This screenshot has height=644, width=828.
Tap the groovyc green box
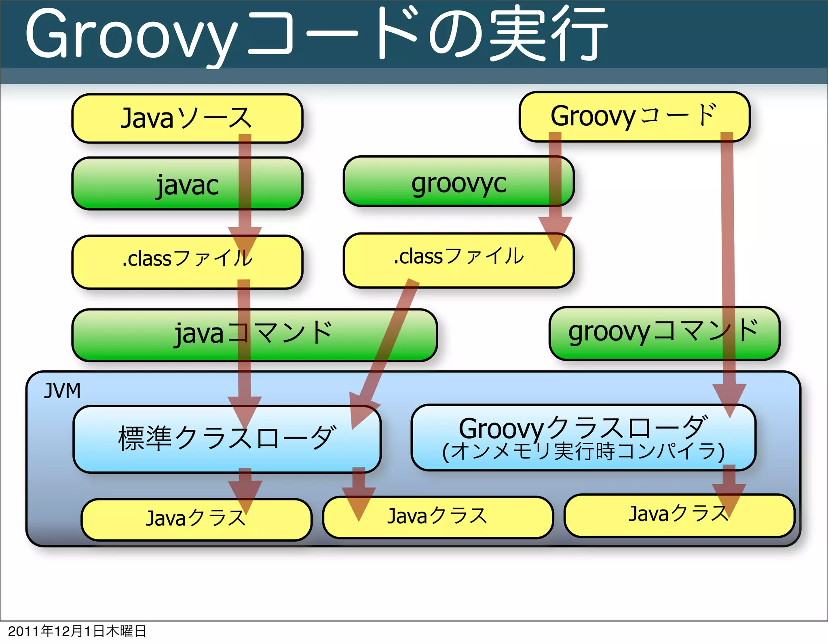458,182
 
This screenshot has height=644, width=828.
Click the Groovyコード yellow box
634,116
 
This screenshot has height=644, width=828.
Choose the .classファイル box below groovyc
458,260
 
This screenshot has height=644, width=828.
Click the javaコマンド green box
254,335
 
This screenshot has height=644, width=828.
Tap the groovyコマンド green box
664,333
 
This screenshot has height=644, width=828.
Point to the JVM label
62,391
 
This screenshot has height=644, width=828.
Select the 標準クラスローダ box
226,439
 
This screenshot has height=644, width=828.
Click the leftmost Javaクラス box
196,519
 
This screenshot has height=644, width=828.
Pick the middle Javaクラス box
437,517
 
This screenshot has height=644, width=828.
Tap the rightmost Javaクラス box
679,515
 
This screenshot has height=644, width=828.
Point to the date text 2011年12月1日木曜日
77,631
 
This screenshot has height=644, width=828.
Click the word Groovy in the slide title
131,36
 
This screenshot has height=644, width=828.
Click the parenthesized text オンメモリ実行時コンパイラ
583,452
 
